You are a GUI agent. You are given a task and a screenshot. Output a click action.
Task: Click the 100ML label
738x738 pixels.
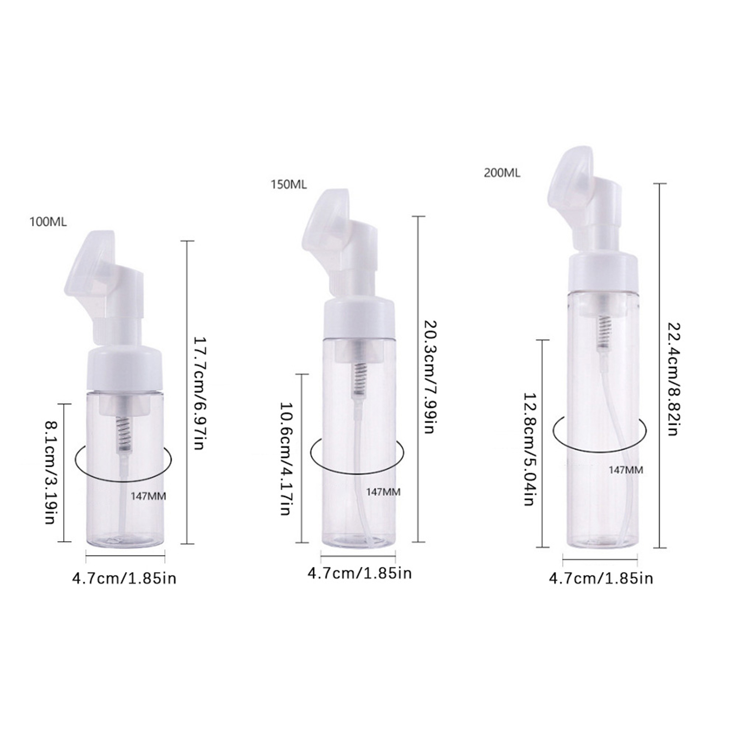coord(48,222)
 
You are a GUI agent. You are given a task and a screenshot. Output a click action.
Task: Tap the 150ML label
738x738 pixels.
coord(288,184)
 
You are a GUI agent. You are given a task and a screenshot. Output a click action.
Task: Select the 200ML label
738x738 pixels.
coord(502,173)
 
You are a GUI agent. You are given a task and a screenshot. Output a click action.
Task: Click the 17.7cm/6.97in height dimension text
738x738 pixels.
coord(198,393)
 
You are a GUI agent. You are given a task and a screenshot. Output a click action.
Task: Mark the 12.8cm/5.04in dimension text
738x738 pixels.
coord(529,449)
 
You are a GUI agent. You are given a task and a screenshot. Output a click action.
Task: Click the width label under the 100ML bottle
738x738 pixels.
coord(124,578)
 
